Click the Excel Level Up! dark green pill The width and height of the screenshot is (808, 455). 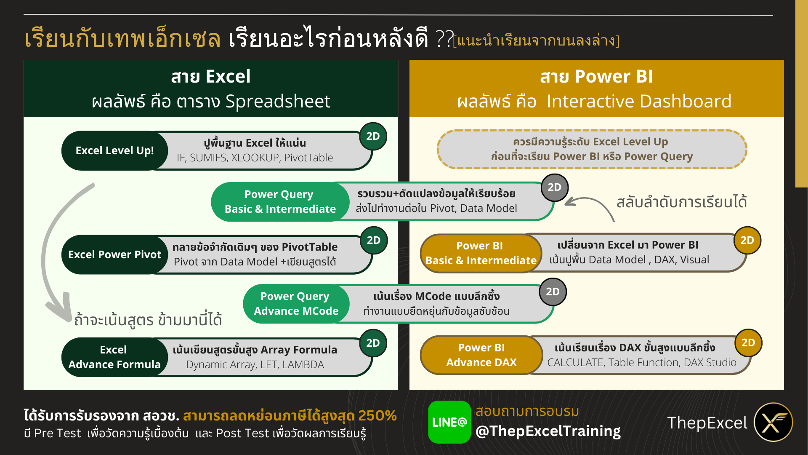point(114,150)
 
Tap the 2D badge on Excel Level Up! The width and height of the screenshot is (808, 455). point(373,136)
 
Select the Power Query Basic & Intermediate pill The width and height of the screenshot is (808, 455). point(280,201)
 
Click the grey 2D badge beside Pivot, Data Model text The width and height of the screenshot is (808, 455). point(554,187)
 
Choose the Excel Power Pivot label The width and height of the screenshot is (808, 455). point(114,254)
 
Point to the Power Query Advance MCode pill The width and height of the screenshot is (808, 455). point(296,303)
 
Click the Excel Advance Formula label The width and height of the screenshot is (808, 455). point(114,357)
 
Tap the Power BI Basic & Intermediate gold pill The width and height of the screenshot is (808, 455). point(481,253)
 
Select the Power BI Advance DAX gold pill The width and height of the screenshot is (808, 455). point(481,355)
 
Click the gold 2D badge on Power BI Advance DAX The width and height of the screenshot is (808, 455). point(748,343)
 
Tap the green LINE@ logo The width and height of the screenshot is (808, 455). point(449,422)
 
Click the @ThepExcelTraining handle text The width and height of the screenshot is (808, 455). point(548,431)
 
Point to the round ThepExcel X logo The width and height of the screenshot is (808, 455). point(773,422)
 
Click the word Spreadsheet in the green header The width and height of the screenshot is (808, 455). point(278,102)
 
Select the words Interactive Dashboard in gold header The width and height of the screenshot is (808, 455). point(638,102)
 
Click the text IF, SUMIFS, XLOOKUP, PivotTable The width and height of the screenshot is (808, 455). point(255,158)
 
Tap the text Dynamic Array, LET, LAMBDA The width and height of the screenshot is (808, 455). point(255,364)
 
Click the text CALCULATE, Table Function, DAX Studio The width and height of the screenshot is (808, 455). point(641,362)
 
